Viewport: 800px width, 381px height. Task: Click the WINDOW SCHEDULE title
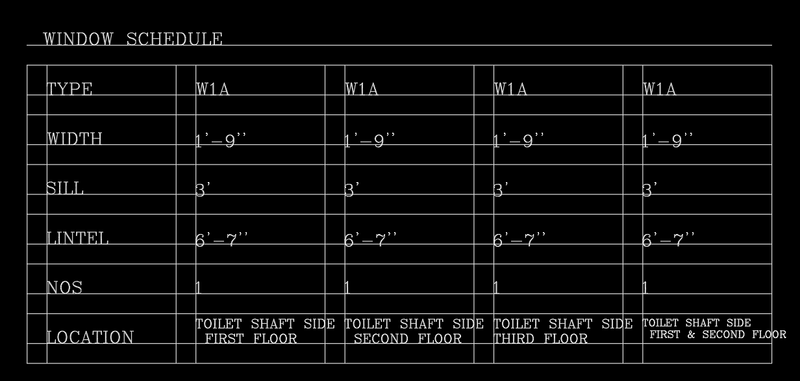[132, 40]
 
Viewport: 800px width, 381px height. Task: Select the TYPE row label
[70, 90]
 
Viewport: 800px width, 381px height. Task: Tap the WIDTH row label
[75, 139]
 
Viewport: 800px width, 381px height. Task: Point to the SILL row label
[66, 189]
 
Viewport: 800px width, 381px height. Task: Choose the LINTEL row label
[77, 239]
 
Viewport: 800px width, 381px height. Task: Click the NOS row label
[64, 288]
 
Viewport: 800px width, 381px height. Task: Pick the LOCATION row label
[90, 338]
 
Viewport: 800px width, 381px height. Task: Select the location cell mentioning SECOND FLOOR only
[407, 331]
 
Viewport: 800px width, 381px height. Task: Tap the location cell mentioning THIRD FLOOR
[562, 331]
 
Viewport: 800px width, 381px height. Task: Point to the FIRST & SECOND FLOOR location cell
[712, 328]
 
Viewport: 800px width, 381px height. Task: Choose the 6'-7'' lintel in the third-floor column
[520, 240]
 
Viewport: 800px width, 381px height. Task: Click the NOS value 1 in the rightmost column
[645, 288]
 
